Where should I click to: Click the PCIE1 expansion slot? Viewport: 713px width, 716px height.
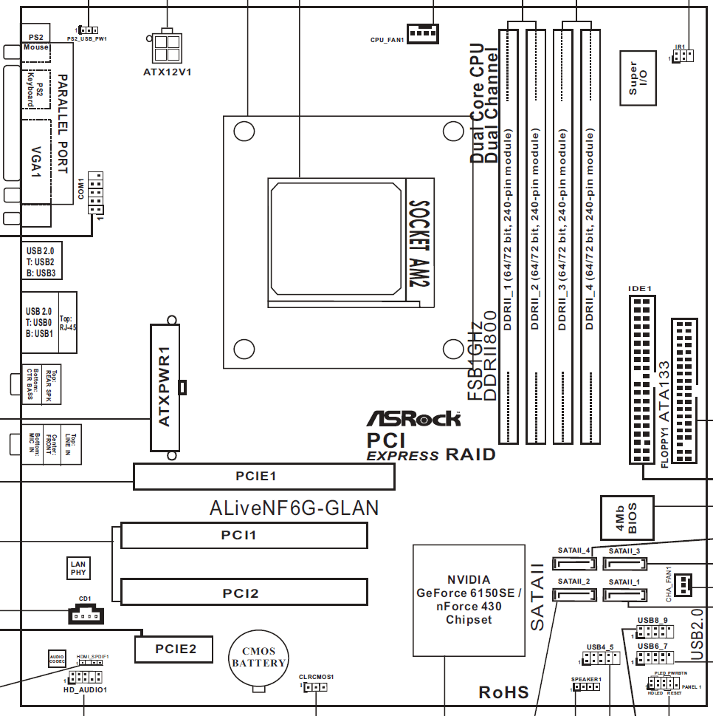pos(263,477)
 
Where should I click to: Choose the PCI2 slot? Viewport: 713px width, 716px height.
pos(244,592)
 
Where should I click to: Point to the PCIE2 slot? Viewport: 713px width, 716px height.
pos(174,649)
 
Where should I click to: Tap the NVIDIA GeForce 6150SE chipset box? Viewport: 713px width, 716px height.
pos(468,599)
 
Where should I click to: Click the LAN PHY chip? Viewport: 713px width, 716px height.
pos(78,567)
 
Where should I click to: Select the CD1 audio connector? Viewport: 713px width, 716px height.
pos(86,615)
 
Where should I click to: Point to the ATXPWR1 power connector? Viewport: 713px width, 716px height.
pos(165,387)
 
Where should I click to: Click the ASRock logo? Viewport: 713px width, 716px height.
pos(414,418)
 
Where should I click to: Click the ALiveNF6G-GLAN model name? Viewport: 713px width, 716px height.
pos(294,508)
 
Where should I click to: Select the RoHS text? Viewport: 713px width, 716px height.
pos(503,692)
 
